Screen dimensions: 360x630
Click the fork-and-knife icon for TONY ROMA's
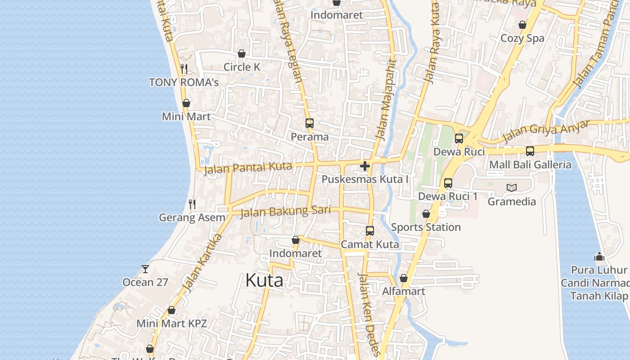[x=184, y=68]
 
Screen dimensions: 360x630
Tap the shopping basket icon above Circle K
[x=242, y=54]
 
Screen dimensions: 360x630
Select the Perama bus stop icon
[x=309, y=123]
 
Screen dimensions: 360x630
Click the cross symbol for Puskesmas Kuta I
[x=365, y=166]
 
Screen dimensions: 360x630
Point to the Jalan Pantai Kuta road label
[x=248, y=168]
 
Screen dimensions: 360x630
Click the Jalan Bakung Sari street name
[x=285, y=211]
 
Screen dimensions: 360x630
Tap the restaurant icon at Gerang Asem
[x=192, y=204]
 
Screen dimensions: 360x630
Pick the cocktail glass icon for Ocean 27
[x=145, y=269]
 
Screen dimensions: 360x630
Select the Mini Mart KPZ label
[x=171, y=324]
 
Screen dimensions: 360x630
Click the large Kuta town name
[x=264, y=280]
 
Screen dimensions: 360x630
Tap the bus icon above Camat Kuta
[x=369, y=231]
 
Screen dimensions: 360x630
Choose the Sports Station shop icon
[x=426, y=214]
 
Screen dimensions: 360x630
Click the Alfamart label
[x=404, y=292]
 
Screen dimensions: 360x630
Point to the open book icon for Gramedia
[x=512, y=188]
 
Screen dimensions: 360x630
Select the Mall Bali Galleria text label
[x=530, y=165]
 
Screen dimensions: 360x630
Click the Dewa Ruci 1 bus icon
[x=448, y=183]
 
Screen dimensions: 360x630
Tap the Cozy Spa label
[x=522, y=38]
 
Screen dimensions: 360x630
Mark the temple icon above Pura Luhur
[x=599, y=256]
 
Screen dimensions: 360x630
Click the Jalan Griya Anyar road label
[x=546, y=131]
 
